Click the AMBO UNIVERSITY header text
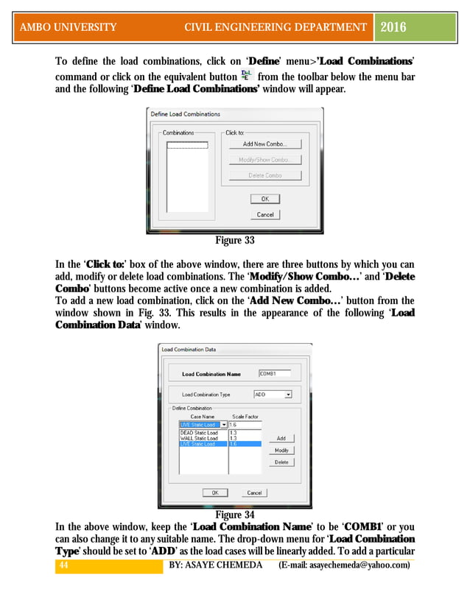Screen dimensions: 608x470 (x=69, y=28)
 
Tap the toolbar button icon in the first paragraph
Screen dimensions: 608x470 (x=247, y=76)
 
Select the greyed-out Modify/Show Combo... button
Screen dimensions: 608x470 (x=264, y=160)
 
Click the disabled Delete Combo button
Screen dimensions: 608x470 (x=264, y=175)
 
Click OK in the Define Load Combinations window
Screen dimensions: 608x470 (x=264, y=199)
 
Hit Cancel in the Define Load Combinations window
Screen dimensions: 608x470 (x=264, y=215)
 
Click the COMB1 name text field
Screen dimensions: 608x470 (x=274, y=374)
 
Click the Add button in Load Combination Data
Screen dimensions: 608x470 (x=281, y=438)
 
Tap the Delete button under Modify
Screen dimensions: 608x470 (x=281, y=462)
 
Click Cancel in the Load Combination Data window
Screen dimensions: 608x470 (x=253, y=492)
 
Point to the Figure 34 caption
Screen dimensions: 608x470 (x=234, y=515)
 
